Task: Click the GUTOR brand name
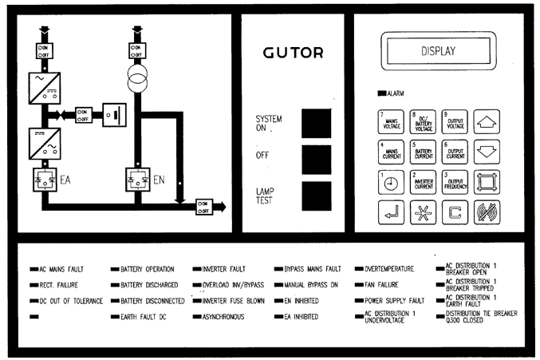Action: point(293,53)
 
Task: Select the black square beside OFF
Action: point(316,158)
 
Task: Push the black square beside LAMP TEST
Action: point(316,196)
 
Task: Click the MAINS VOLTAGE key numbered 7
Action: point(392,122)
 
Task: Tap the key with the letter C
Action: point(455,212)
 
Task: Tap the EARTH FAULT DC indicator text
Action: point(148,317)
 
